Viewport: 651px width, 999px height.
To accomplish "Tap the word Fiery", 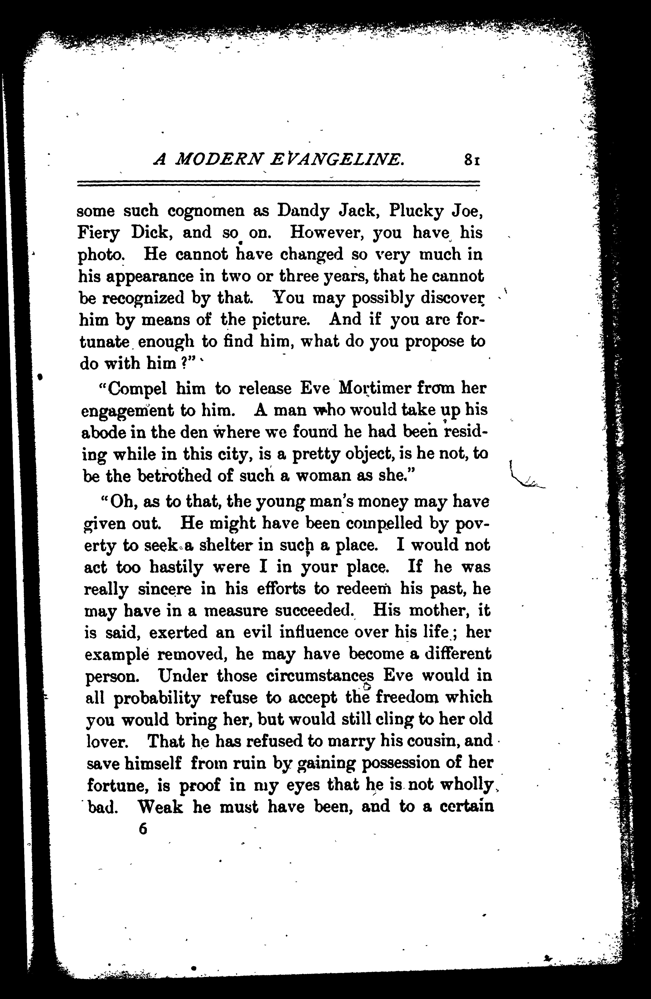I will tap(99, 233).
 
